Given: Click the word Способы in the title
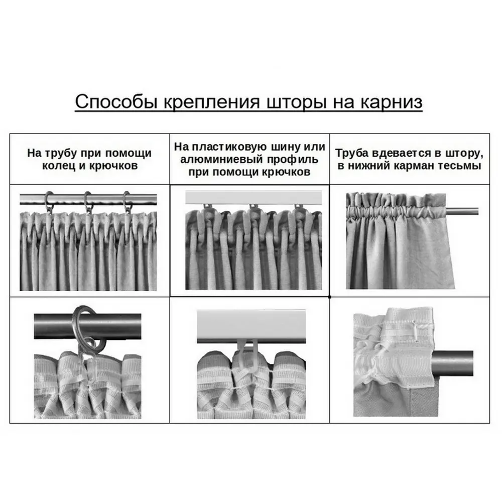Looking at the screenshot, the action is tap(116, 102).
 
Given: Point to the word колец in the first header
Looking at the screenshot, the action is tap(57, 166).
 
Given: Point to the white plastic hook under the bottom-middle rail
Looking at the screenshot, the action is tap(247, 355).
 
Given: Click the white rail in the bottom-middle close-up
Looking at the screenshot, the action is tap(251, 326).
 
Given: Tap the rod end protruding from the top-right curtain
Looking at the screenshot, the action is tap(462, 211).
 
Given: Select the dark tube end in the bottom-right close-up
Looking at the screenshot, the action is tap(452, 363).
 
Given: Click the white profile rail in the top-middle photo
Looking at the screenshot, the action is tap(254, 197).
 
